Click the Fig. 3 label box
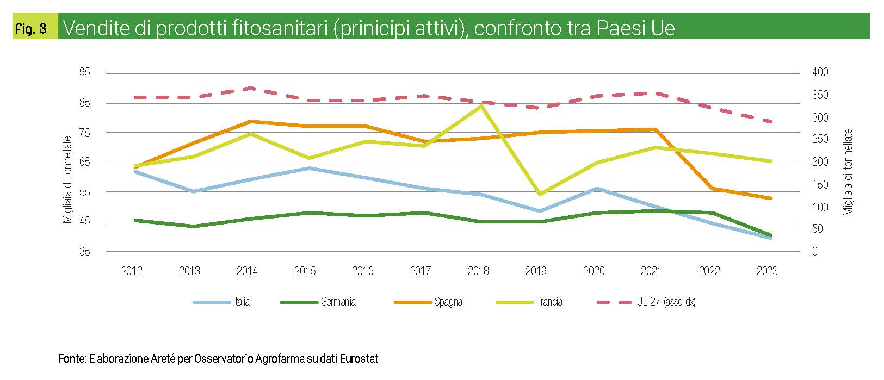[x=31, y=28]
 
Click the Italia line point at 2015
[x=308, y=168]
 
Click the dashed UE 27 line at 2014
[x=250, y=88]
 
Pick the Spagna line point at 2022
[x=712, y=189]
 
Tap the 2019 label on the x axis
[x=536, y=271]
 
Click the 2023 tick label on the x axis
[x=766, y=271]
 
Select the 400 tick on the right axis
[x=820, y=73]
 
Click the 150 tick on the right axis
[x=820, y=185]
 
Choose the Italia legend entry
[x=241, y=302]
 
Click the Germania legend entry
[x=338, y=302]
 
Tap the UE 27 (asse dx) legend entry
[x=666, y=302]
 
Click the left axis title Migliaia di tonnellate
[x=67, y=179]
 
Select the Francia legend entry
[x=548, y=302]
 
